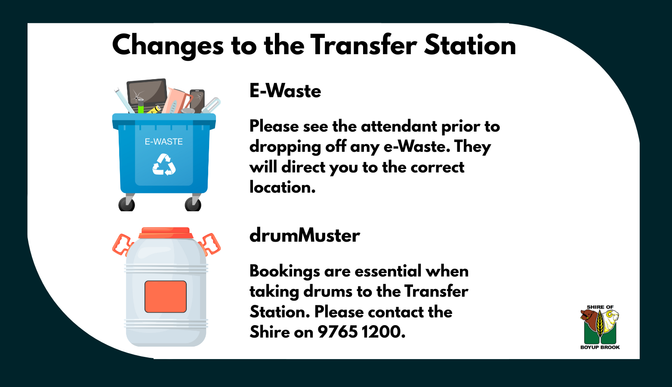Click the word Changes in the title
168,46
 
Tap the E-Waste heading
285,91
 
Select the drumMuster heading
305,236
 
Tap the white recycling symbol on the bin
164,165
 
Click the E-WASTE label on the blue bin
163,141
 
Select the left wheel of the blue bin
126,204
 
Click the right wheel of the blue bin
193,204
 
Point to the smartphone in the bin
197,100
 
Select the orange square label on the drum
166,297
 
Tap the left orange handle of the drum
121,244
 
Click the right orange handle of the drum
211,244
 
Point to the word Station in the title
470,46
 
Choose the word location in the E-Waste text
282,187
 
